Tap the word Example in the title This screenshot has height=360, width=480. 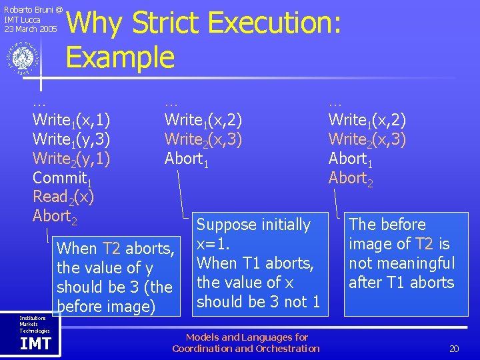120,57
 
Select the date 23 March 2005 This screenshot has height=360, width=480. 31,29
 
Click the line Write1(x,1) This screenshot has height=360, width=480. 71,121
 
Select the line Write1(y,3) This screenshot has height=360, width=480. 71,140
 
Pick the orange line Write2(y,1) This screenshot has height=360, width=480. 71,159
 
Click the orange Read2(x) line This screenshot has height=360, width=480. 63,197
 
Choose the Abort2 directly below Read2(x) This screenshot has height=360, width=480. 55,217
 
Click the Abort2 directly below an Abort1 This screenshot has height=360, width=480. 351,179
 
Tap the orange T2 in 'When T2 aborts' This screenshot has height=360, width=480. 113,249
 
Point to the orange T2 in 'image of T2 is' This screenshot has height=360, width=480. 425,244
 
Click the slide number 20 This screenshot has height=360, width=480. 454,349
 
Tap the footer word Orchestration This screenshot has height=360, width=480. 287,349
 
